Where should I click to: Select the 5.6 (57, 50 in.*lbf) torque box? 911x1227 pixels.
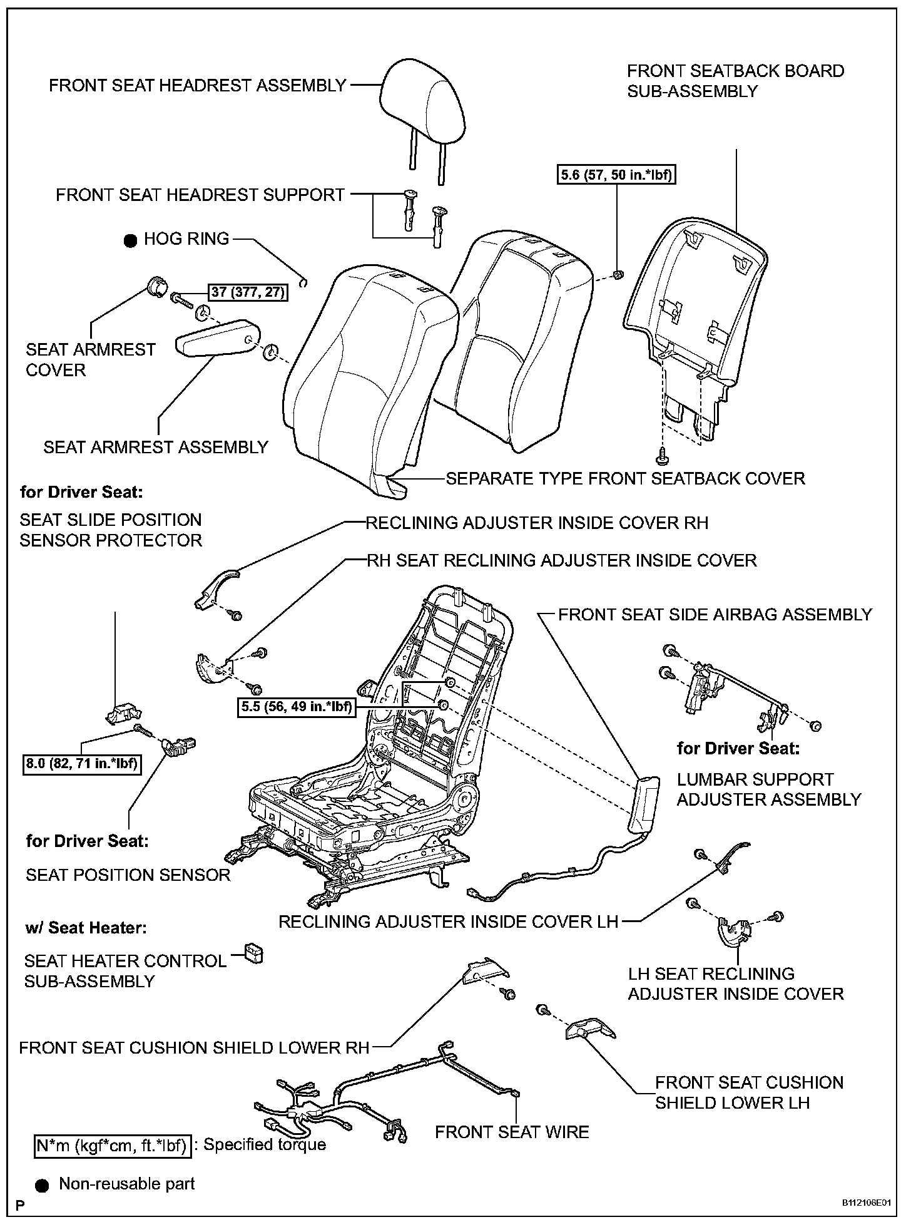[616, 175]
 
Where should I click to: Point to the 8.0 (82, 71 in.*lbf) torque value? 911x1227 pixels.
[81, 764]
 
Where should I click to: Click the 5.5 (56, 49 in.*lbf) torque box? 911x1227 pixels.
[296, 707]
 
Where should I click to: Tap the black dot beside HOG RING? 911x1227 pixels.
[130, 241]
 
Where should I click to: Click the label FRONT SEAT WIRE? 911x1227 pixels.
[512, 1132]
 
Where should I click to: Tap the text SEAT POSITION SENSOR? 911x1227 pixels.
[128, 875]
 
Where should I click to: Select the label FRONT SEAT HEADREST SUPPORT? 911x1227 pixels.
[200, 195]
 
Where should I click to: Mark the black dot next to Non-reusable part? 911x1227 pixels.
[43, 1184]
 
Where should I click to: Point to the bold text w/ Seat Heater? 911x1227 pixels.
[86, 927]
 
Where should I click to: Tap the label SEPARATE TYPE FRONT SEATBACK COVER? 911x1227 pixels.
[624, 479]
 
